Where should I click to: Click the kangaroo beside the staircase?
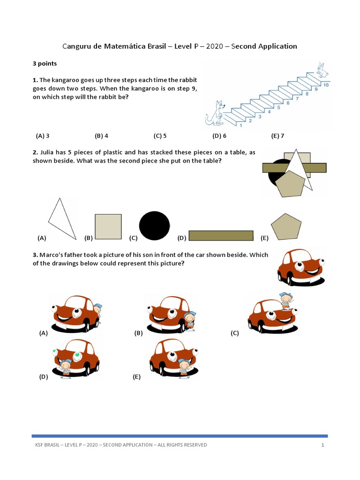pos(215,113)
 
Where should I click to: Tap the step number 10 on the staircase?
pos(325,85)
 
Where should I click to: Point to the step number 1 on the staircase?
pos(241,125)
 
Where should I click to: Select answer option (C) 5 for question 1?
pos(160,136)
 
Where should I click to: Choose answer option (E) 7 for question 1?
pos(277,136)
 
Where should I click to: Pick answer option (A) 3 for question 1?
pos(43,136)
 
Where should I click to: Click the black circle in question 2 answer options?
pos(154,225)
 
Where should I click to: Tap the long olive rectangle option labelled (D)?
pos(221,235)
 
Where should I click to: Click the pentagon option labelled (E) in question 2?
pos(286,227)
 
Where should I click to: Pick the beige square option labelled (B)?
pos(108,227)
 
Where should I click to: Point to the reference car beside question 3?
pos(300,267)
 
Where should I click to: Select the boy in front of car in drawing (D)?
pos(66,367)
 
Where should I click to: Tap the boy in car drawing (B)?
pos(189,321)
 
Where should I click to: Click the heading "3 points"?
pos(45,63)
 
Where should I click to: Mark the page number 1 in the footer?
pos(323,445)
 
